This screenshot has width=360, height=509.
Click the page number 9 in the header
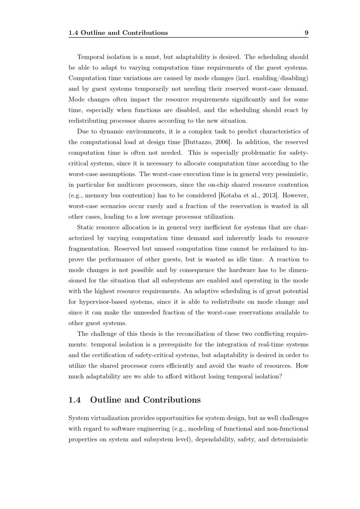coord(306,33)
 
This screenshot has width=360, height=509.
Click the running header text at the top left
coord(118,33)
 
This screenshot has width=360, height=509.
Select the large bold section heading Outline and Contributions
coord(145,400)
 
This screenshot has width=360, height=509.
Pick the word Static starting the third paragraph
coord(85,228)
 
